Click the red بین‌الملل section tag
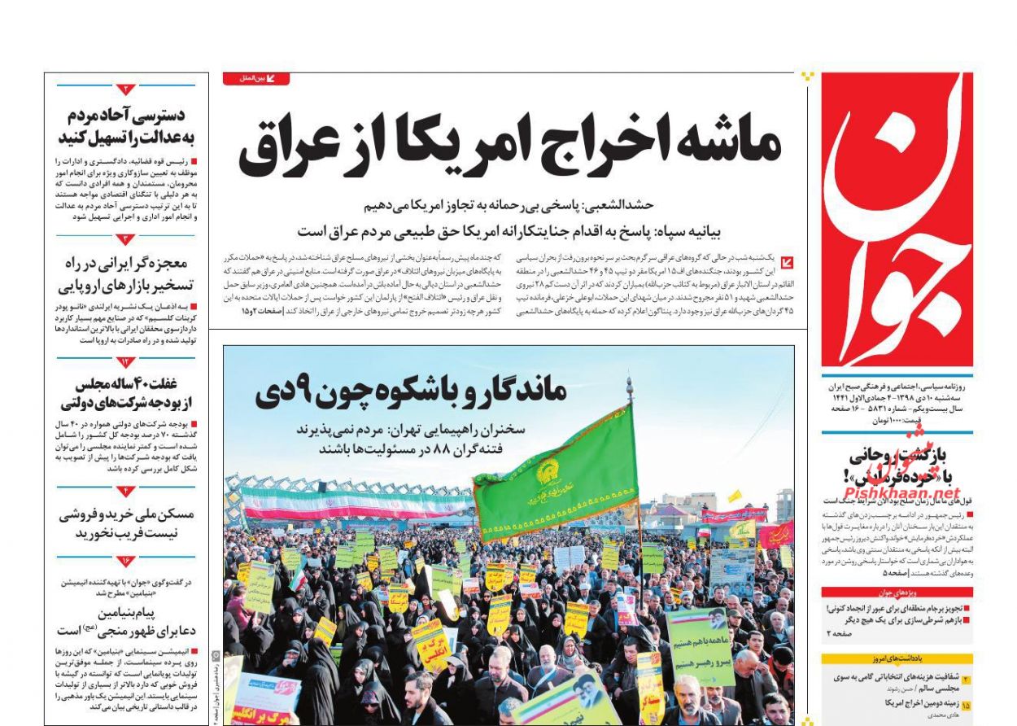[255, 79]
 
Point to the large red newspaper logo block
[897, 220]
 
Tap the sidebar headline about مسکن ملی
[126, 523]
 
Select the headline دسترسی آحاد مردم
[126, 125]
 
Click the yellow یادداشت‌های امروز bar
[897, 658]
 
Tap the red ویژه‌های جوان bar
[897, 593]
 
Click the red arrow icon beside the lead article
[788, 263]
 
